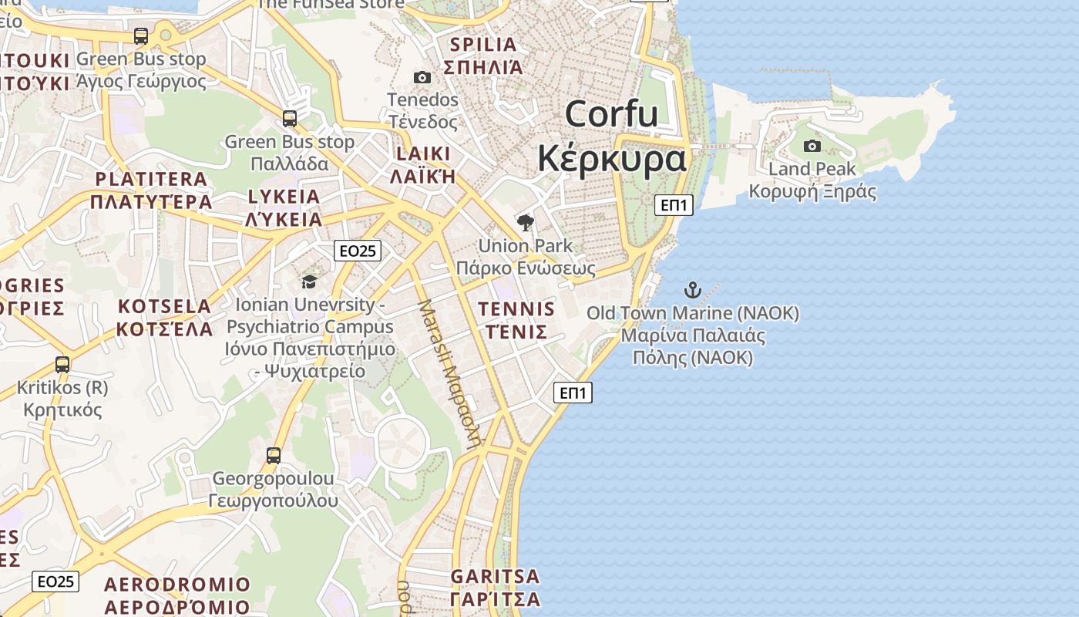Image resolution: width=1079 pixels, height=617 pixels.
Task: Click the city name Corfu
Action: [611, 114]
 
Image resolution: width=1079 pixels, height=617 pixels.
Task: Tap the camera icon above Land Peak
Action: [812, 146]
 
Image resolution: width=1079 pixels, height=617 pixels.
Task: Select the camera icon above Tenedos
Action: [422, 77]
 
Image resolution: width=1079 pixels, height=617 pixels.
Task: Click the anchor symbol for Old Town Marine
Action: [693, 291]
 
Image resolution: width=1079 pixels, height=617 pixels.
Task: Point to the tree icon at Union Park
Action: [526, 224]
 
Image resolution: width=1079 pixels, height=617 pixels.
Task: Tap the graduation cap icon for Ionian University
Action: [309, 282]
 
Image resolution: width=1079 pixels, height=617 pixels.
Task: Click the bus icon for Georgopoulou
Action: [274, 456]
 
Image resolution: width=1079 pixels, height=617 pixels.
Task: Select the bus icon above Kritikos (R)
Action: [62, 365]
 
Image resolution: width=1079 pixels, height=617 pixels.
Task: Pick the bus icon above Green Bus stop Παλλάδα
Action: [290, 119]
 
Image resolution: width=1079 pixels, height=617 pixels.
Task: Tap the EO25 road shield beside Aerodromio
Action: [55, 582]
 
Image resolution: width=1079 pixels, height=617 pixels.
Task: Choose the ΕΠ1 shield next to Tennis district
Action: [573, 393]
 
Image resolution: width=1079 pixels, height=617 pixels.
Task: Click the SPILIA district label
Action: [482, 44]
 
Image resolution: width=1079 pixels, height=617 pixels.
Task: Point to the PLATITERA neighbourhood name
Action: [151, 179]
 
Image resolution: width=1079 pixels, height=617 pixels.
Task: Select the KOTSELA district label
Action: [164, 306]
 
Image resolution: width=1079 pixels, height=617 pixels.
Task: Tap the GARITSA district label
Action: [495, 576]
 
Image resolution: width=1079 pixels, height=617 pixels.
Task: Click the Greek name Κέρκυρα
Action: [611, 159]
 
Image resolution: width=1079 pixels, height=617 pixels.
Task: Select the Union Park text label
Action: [526, 246]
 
